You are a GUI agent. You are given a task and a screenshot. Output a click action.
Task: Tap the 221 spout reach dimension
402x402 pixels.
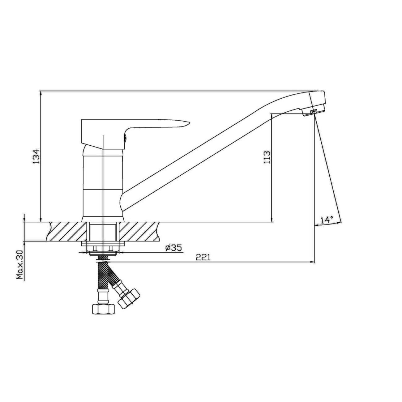coord(203,257)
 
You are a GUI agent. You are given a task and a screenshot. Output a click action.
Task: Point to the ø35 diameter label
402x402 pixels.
coord(173,248)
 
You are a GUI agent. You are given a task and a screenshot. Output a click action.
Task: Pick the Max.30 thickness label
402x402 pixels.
coord(20,265)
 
